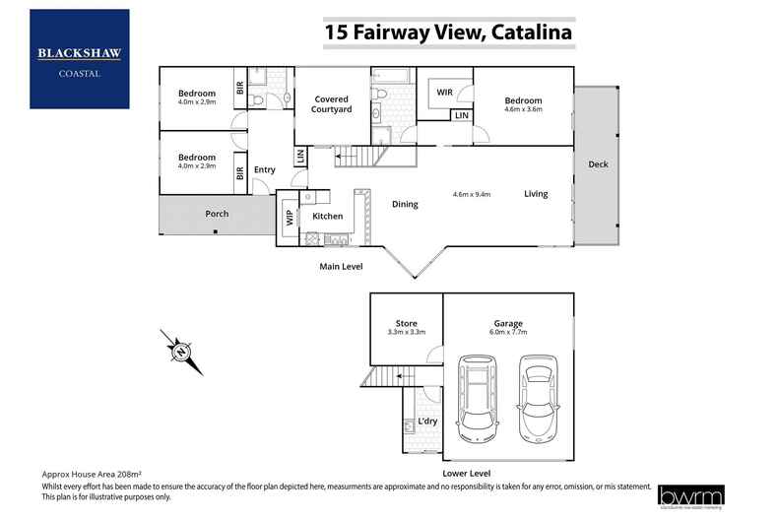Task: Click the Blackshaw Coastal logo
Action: tap(79, 58)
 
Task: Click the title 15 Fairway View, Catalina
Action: tap(448, 32)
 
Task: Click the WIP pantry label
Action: tap(290, 218)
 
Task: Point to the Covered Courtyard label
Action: tap(332, 104)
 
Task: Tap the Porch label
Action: tap(217, 214)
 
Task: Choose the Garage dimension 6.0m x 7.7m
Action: tap(508, 333)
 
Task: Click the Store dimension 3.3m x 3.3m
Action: tap(406, 333)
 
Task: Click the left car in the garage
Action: tap(478, 398)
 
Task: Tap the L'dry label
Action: tap(427, 422)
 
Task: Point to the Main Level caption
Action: tap(342, 267)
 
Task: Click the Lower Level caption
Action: tap(468, 473)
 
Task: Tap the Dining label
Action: tap(405, 205)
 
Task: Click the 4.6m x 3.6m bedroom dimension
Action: tap(523, 109)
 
